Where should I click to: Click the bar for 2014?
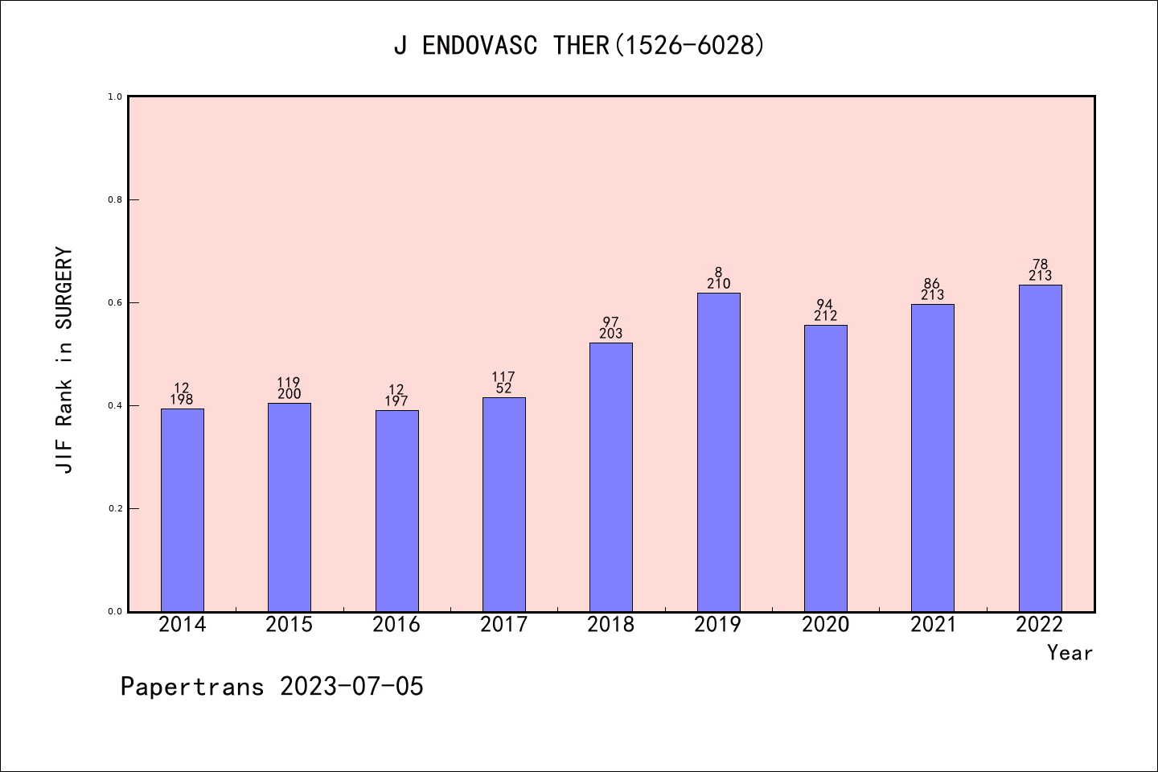[183, 510]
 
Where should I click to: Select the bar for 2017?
[504, 504]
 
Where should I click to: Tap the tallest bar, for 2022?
[1040, 448]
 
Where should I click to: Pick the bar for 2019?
[718, 452]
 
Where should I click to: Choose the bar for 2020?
[826, 468]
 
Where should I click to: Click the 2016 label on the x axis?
[396, 625]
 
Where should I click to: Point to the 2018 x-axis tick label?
[611, 625]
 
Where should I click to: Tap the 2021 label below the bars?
[933, 625]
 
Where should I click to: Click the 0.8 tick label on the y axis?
[115, 199]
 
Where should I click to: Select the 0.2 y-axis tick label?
[115, 508]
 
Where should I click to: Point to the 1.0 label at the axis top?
[115, 96]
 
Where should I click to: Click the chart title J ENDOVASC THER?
[579, 46]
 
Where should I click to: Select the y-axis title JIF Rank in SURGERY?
[64, 360]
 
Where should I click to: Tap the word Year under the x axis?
[1070, 653]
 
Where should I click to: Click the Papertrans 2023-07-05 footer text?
[272, 687]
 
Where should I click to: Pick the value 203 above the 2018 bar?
[611, 334]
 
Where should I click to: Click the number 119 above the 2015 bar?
[289, 382]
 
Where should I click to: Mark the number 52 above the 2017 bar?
[504, 388]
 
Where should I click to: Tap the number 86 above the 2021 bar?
[932, 283]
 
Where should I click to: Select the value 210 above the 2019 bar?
[718, 284]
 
